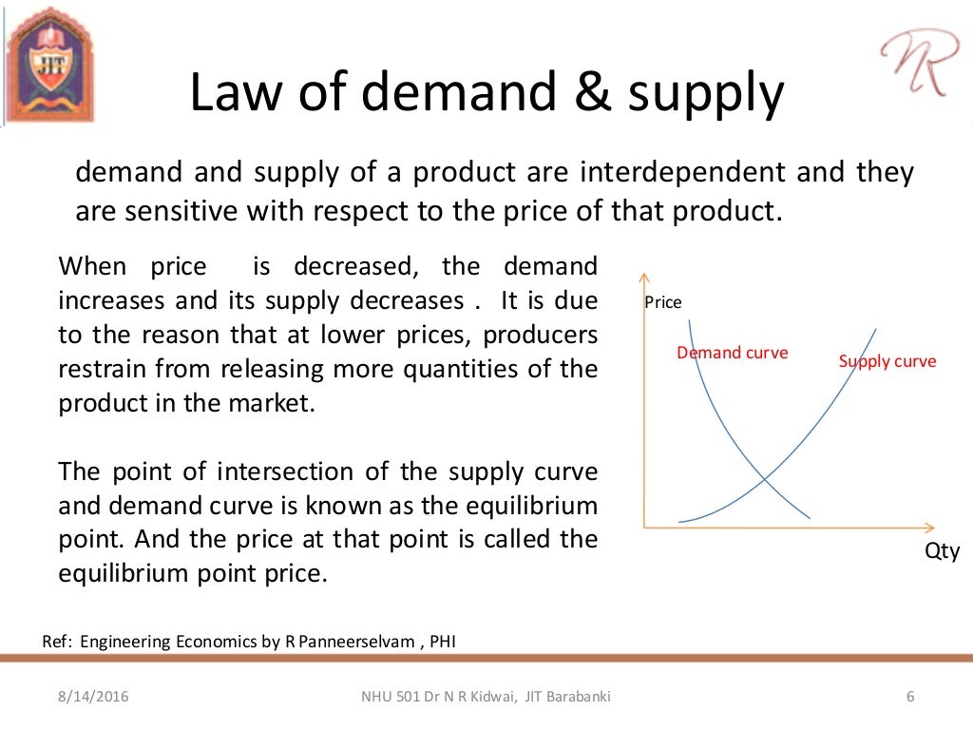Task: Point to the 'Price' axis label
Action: coord(663,302)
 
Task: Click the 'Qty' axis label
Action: coord(943,551)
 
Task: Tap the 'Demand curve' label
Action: coord(732,353)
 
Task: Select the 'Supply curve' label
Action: coord(887,361)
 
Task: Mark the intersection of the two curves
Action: coord(765,477)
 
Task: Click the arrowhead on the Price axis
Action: coord(645,277)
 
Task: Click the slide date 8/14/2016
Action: coord(87,698)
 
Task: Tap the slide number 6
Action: coord(910,698)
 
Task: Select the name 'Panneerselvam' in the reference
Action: coord(357,641)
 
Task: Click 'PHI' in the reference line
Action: coord(443,641)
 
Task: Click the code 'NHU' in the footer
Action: coord(377,698)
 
